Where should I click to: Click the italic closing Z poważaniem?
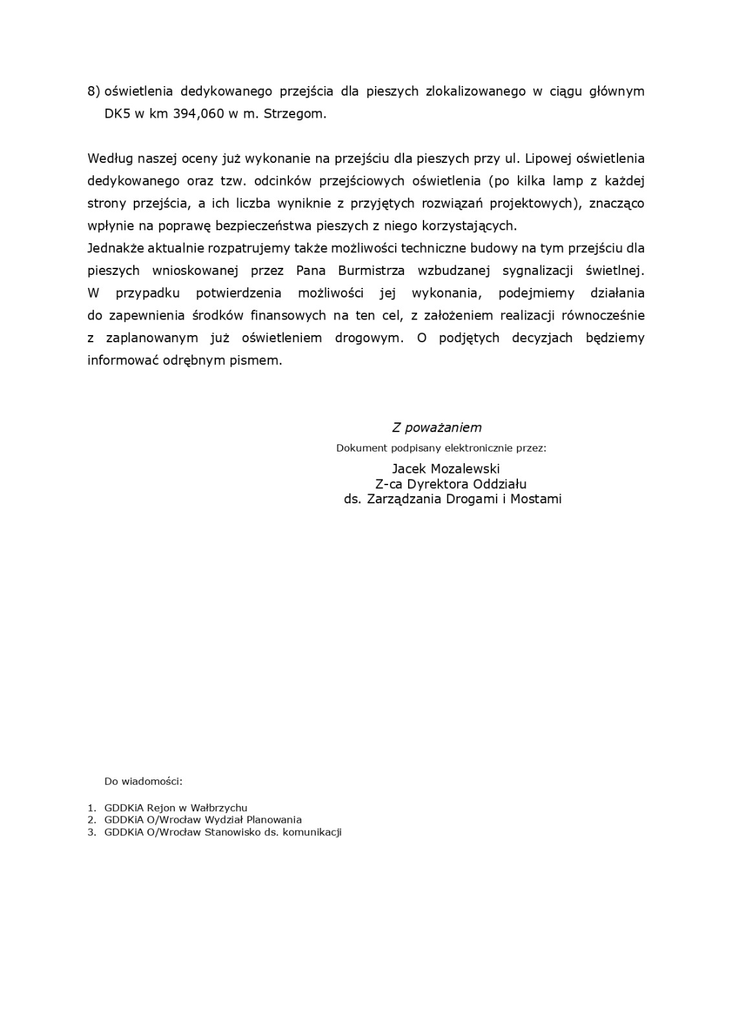click(436, 428)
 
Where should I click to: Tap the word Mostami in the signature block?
click(537, 499)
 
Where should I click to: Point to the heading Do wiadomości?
click(144, 781)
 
